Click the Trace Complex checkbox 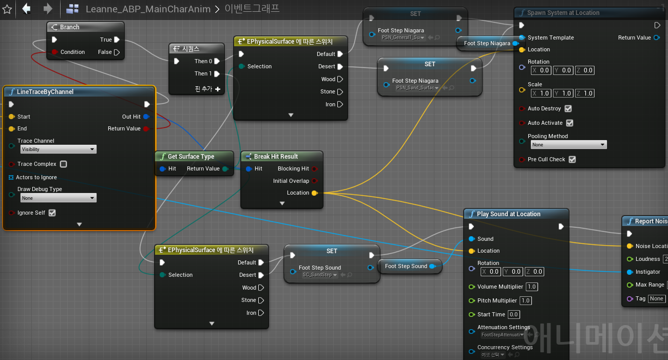64,164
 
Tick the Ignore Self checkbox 52,213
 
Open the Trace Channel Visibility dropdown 58,149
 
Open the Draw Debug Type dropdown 58,198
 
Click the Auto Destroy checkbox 568,109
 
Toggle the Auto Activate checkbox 569,123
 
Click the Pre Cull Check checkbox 572,160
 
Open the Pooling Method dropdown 567,145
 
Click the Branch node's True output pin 117,40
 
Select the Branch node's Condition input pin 54,52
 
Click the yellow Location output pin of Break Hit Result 315,193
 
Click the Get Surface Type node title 190,157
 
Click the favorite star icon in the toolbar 7,9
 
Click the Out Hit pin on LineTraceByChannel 146,117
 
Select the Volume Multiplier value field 531,287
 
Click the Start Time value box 513,315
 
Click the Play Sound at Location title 508,214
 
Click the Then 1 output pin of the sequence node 217,74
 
